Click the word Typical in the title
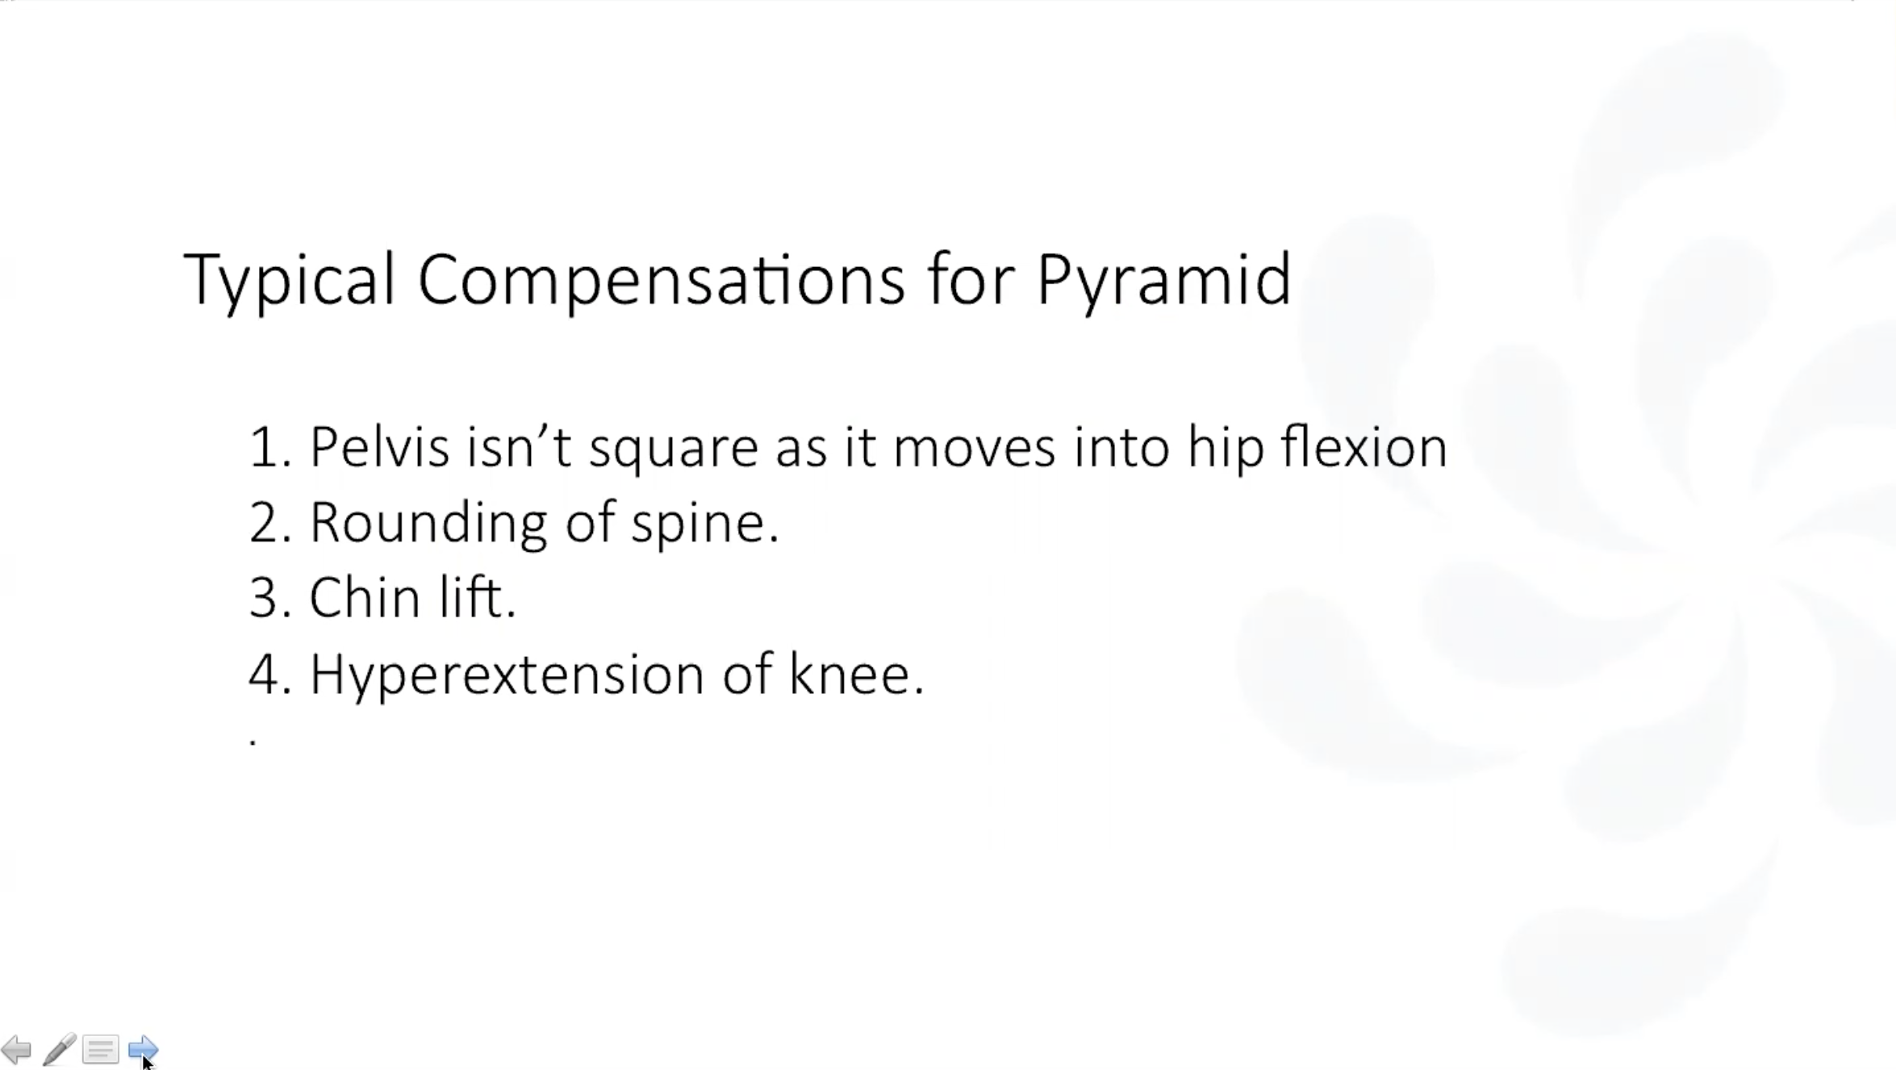(290, 280)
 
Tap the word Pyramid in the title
(1163, 281)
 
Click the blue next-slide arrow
(144, 1049)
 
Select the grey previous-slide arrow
(16, 1050)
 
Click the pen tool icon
(60, 1049)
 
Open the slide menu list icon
(101, 1050)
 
